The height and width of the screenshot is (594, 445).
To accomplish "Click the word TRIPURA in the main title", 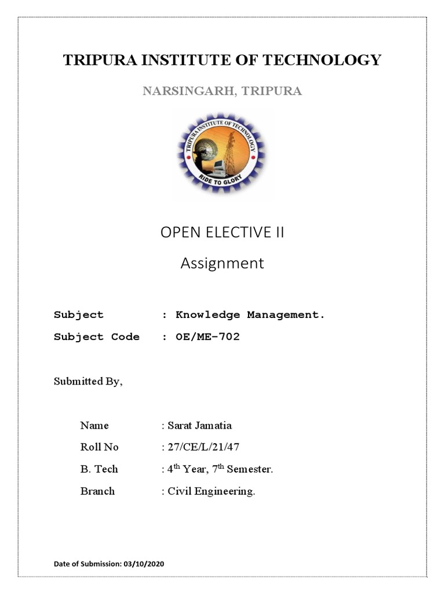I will (94, 60).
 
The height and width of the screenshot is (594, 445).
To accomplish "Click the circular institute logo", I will (222, 155).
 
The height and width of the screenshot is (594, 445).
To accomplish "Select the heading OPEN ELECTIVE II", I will (222, 233).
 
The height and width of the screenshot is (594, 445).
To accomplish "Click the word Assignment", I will (222, 263).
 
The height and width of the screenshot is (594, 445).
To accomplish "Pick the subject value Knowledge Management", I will (250, 315).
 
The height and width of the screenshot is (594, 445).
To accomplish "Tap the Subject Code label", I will (97, 337).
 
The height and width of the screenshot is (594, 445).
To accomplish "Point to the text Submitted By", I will (88, 381).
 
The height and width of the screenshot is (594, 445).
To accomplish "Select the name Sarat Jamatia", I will (199, 425).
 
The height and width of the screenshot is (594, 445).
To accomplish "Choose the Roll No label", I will (99, 447).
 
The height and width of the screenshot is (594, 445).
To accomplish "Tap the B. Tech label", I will (99, 469).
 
